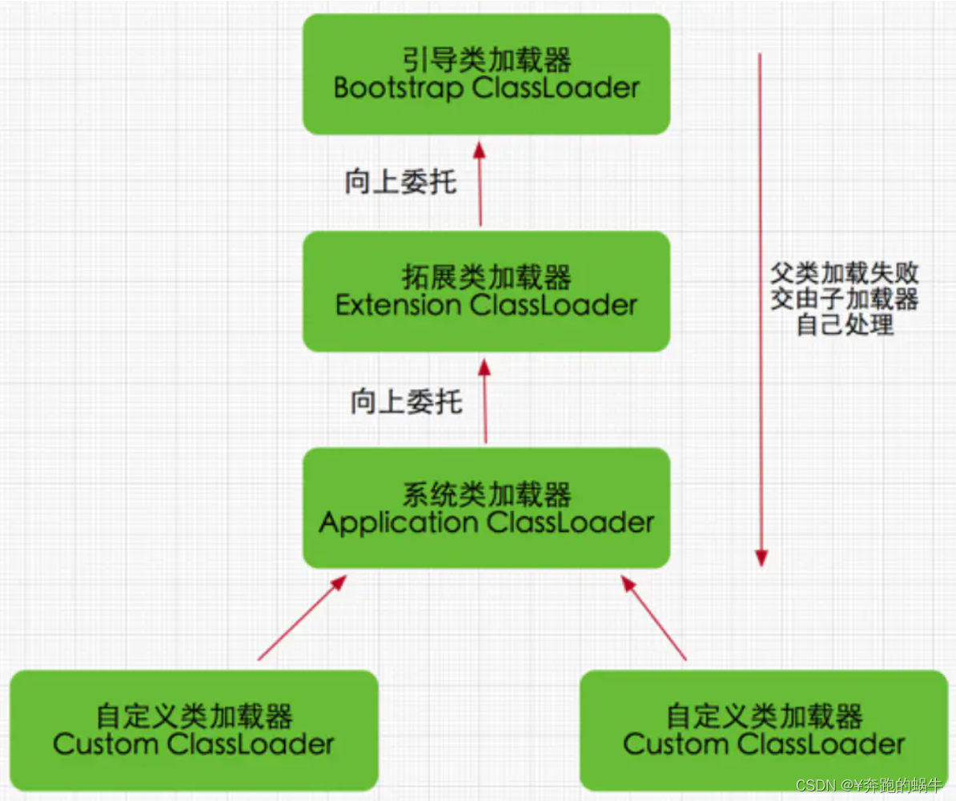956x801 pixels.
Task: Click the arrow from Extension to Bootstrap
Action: [480, 184]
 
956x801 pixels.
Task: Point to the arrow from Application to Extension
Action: [485, 400]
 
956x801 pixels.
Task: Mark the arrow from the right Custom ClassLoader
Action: [654, 618]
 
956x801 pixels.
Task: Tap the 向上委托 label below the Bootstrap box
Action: [400, 183]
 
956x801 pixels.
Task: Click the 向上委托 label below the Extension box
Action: [406, 400]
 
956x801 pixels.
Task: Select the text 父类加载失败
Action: [844, 273]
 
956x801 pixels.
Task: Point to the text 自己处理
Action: [844, 325]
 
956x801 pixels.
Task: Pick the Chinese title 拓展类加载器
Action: [486, 278]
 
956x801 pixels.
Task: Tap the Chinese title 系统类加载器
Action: [486, 495]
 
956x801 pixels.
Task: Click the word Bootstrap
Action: [398, 88]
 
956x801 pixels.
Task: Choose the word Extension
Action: [398, 305]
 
